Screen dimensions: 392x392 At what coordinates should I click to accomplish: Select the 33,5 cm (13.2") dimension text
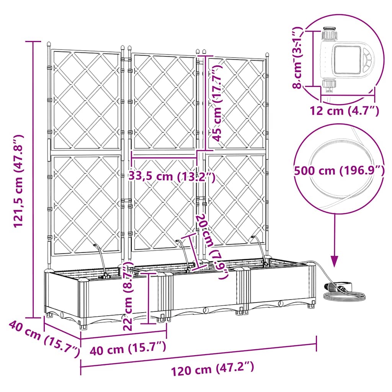coord(171,177)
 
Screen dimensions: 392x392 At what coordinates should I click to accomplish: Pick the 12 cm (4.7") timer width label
coord(345,111)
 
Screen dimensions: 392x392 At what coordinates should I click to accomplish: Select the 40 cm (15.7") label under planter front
coord(128,348)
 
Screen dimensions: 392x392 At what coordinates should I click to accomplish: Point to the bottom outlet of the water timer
coord(329,86)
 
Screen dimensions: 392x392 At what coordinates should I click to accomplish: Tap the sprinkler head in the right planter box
coord(253,238)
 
